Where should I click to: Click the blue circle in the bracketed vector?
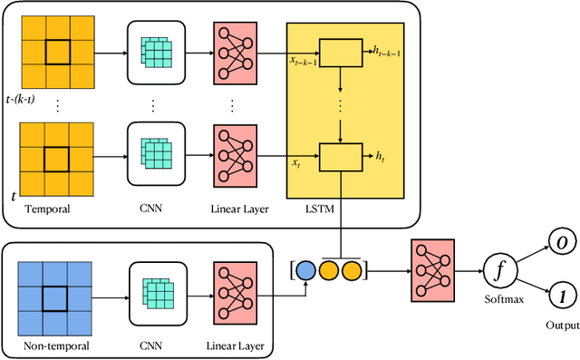304,270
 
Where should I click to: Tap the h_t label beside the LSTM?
380,157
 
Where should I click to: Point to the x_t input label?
295,162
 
